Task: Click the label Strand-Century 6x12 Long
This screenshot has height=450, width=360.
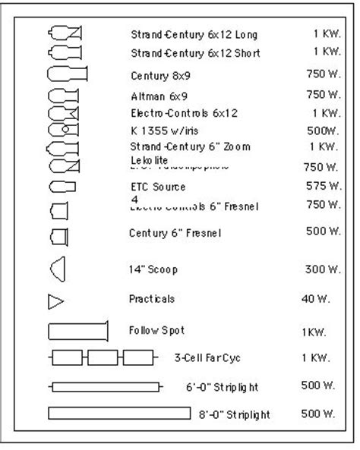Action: pyautogui.click(x=194, y=35)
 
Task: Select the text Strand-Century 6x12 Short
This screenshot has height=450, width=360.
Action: pyautogui.click(x=195, y=54)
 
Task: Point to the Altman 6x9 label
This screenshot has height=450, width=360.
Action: pyautogui.click(x=159, y=96)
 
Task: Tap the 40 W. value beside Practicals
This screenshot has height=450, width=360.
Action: pyautogui.click(x=316, y=299)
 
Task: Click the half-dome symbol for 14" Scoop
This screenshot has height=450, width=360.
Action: pyautogui.click(x=58, y=269)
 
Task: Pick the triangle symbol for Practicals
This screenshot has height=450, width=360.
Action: pyautogui.click(x=56, y=302)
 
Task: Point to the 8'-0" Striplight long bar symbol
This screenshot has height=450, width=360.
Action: pyautogui.click(x=119, y=413)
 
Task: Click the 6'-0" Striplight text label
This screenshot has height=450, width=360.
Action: pyautogui.click(x=223, y=387)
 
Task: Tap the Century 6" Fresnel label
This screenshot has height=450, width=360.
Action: pyautogui.click(x=175, y=233)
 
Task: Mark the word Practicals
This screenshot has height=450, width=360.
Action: pyautogui.click(x=152, y=299)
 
